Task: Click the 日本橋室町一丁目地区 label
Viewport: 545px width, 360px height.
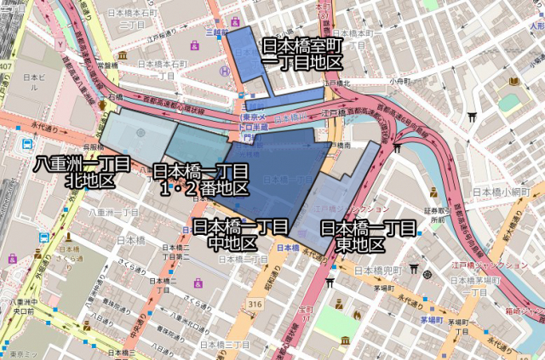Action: point(301,54)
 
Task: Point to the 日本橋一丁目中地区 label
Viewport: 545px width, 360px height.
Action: point(239,235)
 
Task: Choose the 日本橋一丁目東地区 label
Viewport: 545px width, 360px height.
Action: point(367,237)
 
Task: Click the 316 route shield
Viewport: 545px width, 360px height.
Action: point(255,305)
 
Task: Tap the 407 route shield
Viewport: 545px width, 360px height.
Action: point(7,66)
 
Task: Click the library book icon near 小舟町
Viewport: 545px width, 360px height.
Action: point(513,82)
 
